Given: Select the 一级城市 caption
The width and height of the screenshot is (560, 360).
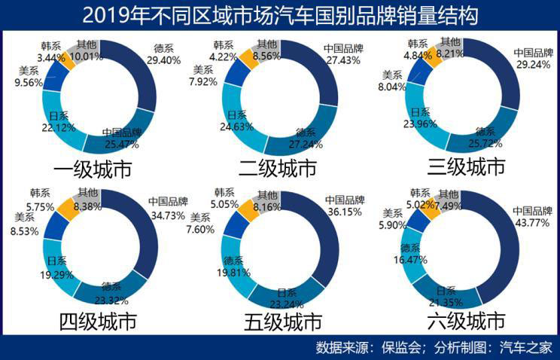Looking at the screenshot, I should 93,168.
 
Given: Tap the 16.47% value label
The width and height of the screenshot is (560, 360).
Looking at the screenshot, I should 413,259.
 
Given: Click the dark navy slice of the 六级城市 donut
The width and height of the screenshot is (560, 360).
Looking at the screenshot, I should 505,249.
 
